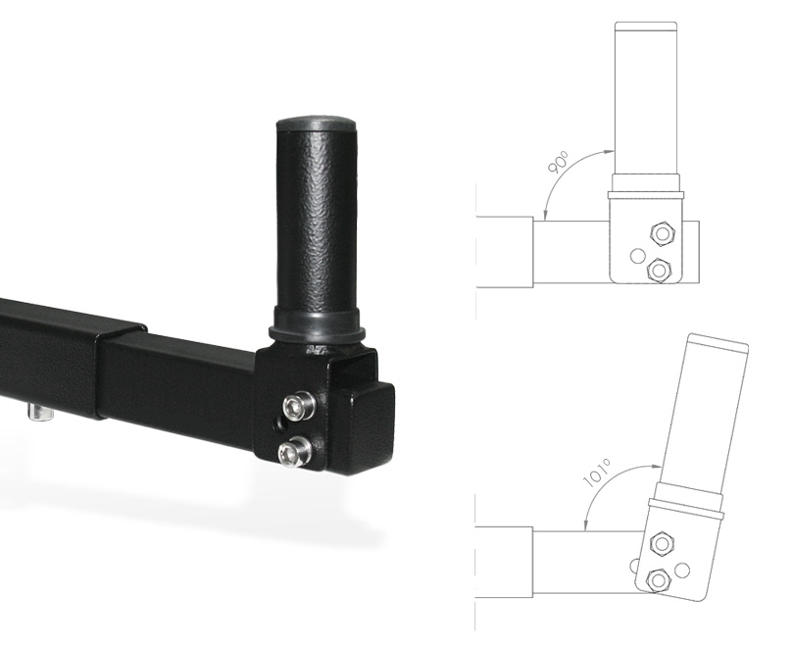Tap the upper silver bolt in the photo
coord(298,405)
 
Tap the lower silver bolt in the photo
coord(294,451)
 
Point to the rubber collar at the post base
coord(317,324)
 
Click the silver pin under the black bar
coord(40,412)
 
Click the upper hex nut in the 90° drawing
coord(663,234)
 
